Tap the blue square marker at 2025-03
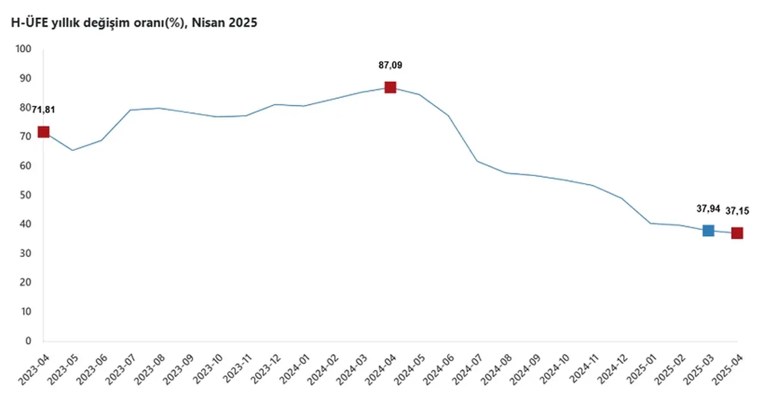point(708,230)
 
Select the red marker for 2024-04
point(390,87)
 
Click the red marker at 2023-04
point(44,132)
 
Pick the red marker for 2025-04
point(737,233)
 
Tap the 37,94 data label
point(708,208)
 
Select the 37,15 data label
point(738,210)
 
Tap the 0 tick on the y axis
point(27,341)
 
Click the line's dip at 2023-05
point(72,150)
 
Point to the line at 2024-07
point(477,161)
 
